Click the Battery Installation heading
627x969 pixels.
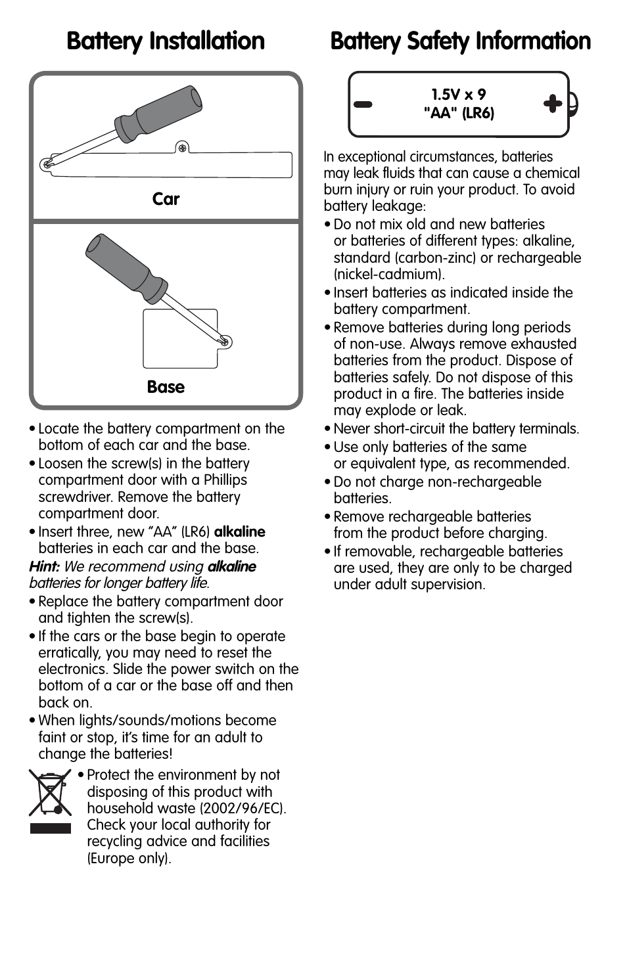[166, 41]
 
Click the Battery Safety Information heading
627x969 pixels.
[460, 41]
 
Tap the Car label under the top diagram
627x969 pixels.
[166, 199]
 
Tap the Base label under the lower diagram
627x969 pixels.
[166, 387]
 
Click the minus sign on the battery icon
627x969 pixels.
[363, 104]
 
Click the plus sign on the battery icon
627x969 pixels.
[553, 103]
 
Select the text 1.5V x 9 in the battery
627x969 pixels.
[459, 95]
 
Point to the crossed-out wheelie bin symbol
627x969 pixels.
[50, 793]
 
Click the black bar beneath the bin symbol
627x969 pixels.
[50, 828]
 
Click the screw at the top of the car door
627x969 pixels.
[183, 147]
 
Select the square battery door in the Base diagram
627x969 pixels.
[179, 339]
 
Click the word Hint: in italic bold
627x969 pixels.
[45, 566]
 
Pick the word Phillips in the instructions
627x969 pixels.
[225, 480]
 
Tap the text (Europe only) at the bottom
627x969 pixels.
[129, 858]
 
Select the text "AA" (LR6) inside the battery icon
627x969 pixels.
[459, 113]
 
